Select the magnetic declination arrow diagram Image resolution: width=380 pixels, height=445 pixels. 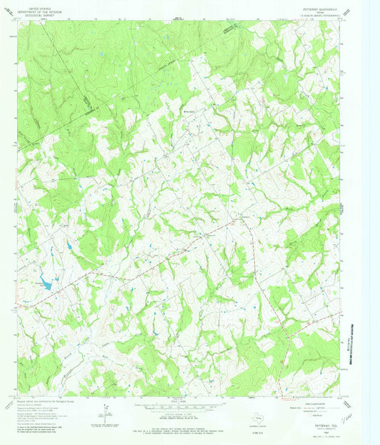tap(106, 412)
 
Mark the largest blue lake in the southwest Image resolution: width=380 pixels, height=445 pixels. tap(45, 284)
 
